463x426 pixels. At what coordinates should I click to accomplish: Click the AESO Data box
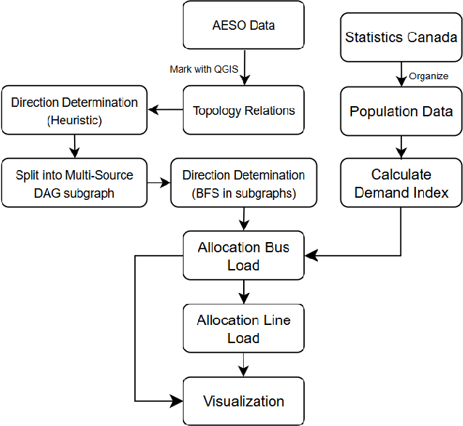coord(243,25)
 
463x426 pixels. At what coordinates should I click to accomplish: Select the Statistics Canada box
coord(401,37)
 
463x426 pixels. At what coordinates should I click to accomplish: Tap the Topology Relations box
coord(243,110)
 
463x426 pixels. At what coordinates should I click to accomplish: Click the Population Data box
coord(401,111)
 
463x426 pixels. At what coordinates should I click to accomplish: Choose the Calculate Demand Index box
coord(401,183)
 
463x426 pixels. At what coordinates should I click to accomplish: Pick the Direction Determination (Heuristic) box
coord(74,110)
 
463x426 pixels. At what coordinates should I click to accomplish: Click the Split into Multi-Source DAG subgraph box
coord(74,183)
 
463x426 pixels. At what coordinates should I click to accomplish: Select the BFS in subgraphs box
coord(243,183)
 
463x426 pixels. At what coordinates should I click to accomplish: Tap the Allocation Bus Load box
coord(243,256)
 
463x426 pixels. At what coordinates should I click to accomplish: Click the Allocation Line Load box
coord(243,329)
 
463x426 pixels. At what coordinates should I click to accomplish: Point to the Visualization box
coord(243,401)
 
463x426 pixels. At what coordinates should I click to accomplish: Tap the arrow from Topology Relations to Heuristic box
coord(165,110)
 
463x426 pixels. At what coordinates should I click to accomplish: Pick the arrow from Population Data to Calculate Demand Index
coord(401,147)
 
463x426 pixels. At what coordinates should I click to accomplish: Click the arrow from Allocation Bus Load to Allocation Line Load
coord(244,292)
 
